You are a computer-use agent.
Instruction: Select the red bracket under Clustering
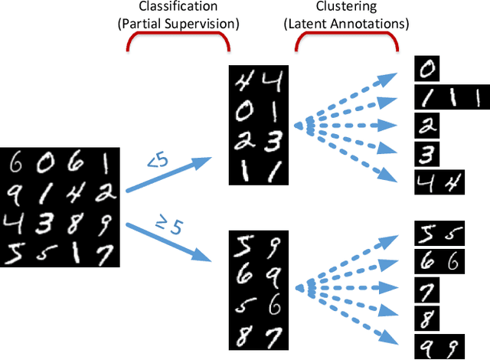[x=345, y=45]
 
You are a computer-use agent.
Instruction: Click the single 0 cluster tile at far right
[x=427, y=69]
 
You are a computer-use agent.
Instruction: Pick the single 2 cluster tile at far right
[x=427, y=125]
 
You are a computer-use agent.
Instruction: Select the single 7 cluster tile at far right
[x=427, y=290]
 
